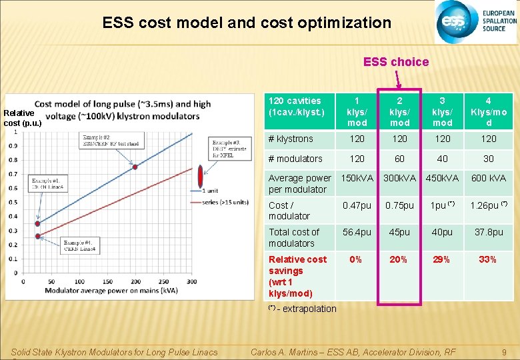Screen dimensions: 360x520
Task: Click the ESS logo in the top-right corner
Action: point(476,22)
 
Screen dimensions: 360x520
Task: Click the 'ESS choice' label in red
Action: point(396,62)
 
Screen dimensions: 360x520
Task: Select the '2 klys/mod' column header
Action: point(399,111)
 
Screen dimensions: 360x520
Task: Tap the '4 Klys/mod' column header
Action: point(488,111)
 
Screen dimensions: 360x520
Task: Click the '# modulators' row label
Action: point(295,159)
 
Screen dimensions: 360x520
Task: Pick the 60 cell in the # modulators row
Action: point(399,159)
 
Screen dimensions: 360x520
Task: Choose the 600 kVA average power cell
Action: point(488,178)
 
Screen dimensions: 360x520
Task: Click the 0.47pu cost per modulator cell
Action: point(357,205)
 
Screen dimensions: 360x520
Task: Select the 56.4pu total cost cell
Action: point(357,232)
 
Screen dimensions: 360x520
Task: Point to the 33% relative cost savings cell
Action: point(488,259)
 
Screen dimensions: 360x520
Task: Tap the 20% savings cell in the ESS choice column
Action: point(399,259)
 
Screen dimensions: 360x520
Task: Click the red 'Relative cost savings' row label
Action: point(297,276)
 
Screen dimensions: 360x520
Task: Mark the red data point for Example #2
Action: point(135,167)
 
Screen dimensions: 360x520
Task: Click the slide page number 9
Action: point(505,352)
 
